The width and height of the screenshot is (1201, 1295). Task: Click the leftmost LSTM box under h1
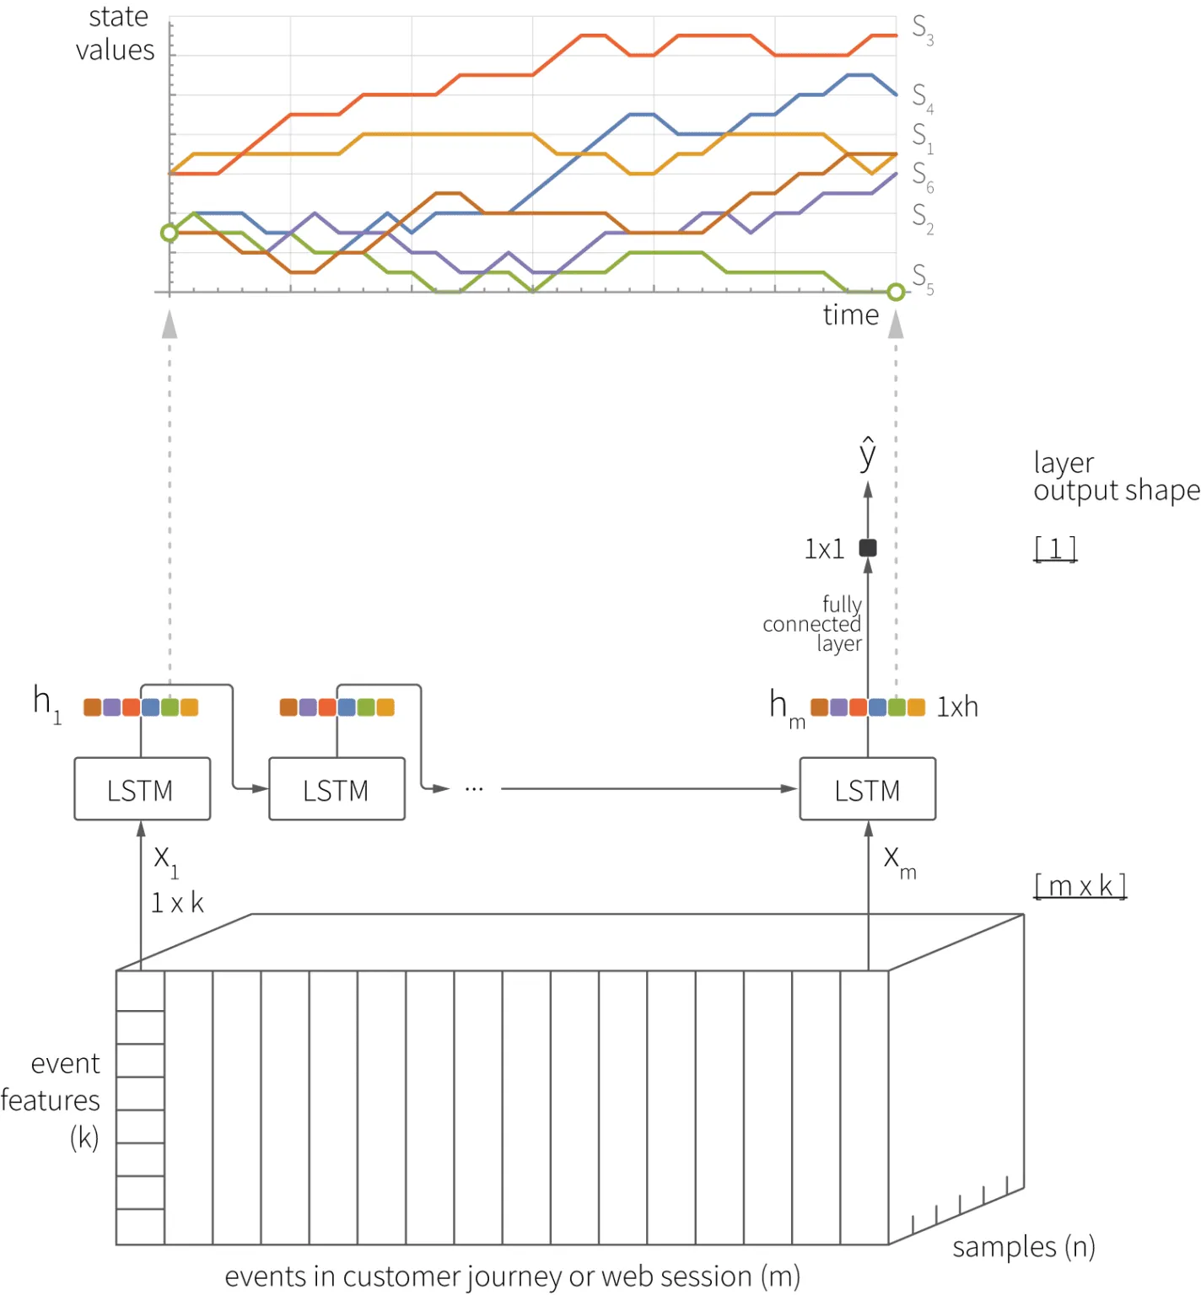pos(142,789)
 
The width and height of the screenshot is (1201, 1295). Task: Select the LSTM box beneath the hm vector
pos(867,789)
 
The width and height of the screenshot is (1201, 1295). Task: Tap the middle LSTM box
pos(337,789)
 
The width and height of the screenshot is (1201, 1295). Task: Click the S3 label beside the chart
pos(922,29)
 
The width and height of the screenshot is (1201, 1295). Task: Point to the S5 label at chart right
pos(922,278)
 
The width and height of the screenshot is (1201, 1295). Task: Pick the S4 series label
pos(922,97)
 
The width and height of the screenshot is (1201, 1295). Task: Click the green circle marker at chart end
pos(896,292)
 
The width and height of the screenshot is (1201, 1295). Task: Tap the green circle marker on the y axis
pos(170,233)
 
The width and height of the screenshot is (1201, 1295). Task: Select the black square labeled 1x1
pos(868,548)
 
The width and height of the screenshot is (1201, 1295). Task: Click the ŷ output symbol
pos(868,455)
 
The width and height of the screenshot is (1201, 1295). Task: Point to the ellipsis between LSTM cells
pos(474,789)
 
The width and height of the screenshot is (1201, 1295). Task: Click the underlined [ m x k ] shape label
pos(1080,886)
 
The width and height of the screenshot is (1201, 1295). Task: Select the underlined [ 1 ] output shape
pos(1055,549)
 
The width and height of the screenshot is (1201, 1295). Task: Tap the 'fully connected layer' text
pos(813,624)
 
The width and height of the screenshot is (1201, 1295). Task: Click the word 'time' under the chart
pos(850,315)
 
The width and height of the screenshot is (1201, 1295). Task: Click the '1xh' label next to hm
pos(957,707)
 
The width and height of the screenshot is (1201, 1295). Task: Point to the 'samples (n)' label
pos(1023,1246)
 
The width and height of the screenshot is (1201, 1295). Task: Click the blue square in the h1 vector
pos(151,707)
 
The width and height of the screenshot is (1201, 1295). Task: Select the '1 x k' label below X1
pos(177,903)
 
